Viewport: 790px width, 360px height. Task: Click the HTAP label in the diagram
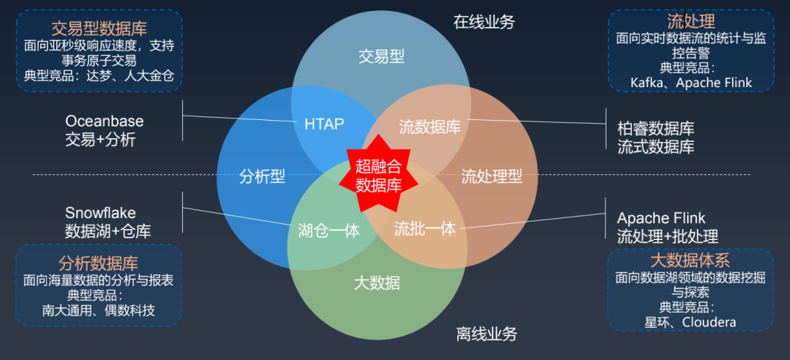tap(324, 124)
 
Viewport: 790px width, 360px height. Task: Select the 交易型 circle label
tap(381, 56)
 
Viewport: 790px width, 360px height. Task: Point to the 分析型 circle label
tap(262, 176)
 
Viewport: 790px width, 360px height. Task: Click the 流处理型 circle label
tap(492, 176)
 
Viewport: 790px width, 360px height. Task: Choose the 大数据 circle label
tap(377, 282)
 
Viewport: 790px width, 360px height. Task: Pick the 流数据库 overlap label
tap(429, 127)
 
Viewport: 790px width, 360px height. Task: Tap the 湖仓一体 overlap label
tap(329, 230)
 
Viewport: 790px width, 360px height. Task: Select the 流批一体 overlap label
tap(425, 229)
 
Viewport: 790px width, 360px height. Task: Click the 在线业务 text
tap(484, 22)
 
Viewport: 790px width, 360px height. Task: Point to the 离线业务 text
tap(487, 334)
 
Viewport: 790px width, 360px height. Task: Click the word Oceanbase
tap(105, 121)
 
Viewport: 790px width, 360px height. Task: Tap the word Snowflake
tap(100, 213)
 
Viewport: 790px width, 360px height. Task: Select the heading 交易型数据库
tap(99, 29)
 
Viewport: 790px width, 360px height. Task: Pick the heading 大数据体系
tap(690, 260)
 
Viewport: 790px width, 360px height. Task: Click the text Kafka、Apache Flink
tap(691, 83)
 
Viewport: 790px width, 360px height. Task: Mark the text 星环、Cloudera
tap(690, 322)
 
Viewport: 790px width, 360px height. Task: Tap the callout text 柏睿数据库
tap(655, 129)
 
